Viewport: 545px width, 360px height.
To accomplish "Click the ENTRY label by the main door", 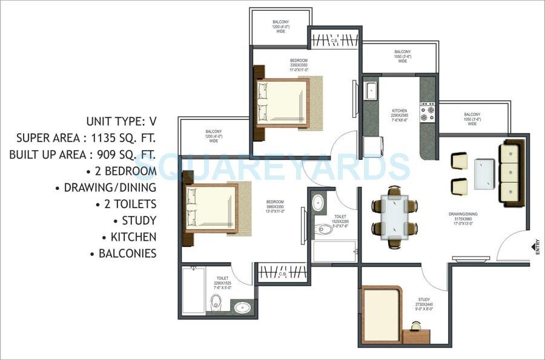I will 537,249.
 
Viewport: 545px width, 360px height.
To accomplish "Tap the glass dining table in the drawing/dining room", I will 395,216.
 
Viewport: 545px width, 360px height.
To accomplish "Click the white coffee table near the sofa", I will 485,172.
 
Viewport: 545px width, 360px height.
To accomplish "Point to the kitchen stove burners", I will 429,111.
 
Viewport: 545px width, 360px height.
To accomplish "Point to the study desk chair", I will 417,326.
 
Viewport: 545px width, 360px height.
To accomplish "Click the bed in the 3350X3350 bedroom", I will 282,102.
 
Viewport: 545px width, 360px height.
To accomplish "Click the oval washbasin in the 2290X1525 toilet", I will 242,307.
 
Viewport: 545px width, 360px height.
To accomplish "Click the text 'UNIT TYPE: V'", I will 121,121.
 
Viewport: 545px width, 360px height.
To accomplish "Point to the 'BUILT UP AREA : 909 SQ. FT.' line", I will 83,154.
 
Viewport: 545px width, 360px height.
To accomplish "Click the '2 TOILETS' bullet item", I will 126,204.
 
